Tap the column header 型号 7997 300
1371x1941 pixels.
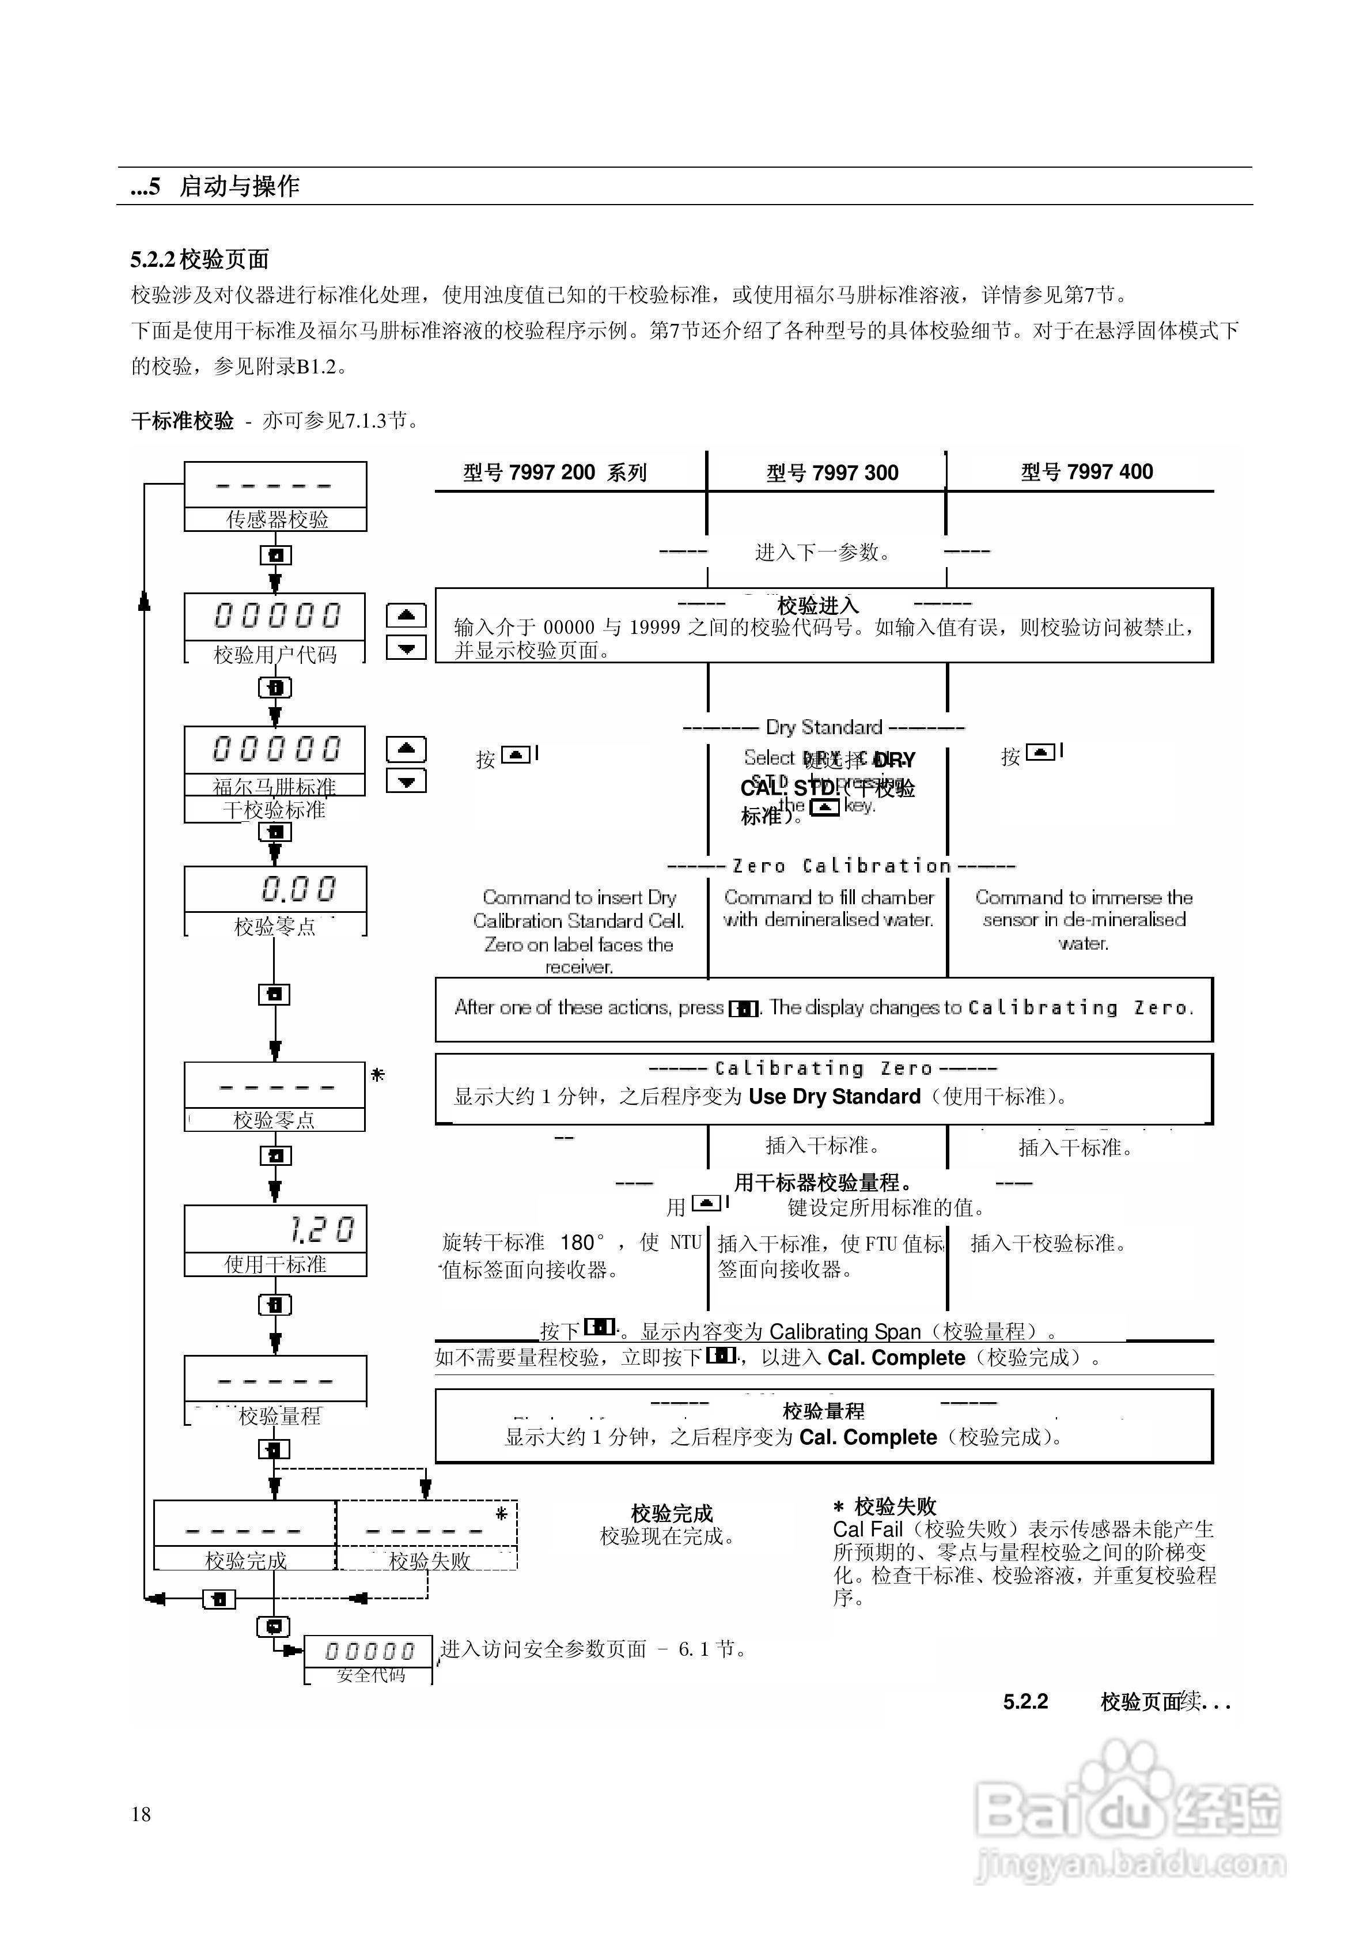click(832, 473)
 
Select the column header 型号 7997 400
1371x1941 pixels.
click(1086, 472)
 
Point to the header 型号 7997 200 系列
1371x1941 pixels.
click(555, 473)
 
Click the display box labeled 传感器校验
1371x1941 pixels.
click(275, 496)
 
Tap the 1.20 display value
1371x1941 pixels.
click(321, 1229)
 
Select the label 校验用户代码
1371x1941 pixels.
click(275, 654)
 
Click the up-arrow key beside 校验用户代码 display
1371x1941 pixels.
click(406, 615)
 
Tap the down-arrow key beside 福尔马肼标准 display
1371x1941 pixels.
click(406, 781)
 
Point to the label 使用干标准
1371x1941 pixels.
click(275, 1264)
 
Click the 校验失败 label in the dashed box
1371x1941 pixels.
click(429, 1561)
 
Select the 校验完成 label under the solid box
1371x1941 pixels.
click(246, 1561)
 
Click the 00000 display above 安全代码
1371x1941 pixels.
click(369, 1651)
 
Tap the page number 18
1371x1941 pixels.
click(141, 1814)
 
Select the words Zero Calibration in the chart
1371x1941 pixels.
click(842, 866)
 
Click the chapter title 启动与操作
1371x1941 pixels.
click(239, 186)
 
